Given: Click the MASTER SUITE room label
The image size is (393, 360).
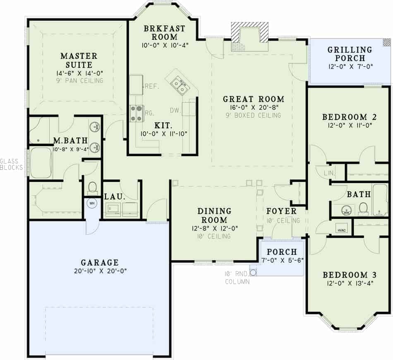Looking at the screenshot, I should tap(79, 60).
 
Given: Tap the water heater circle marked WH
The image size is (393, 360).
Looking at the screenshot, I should tap(91, 203).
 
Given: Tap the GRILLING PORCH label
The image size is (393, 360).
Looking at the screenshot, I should tap(350, 54).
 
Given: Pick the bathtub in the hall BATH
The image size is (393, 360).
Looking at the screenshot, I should tap(380, 199).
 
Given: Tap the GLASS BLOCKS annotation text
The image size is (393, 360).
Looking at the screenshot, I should tap(12, 164).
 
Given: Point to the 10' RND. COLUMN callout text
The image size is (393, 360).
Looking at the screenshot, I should tap(237, 278).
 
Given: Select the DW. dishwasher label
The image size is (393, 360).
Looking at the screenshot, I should tap(175, 110).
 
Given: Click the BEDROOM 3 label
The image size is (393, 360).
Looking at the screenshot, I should tap(345, 275).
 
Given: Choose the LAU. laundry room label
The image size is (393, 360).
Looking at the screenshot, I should tap(112, 197).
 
